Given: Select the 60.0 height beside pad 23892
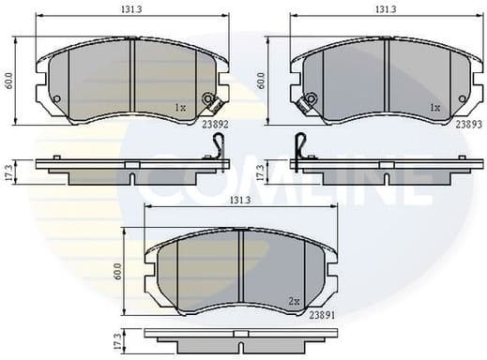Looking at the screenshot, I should tap(9, 82).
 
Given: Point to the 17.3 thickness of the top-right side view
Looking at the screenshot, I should tap(261, 172).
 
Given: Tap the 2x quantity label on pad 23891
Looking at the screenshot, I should tap(294, 301).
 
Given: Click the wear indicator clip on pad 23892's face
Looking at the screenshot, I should tap(210, 100).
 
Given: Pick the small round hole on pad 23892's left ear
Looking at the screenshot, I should tap(55, 100).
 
